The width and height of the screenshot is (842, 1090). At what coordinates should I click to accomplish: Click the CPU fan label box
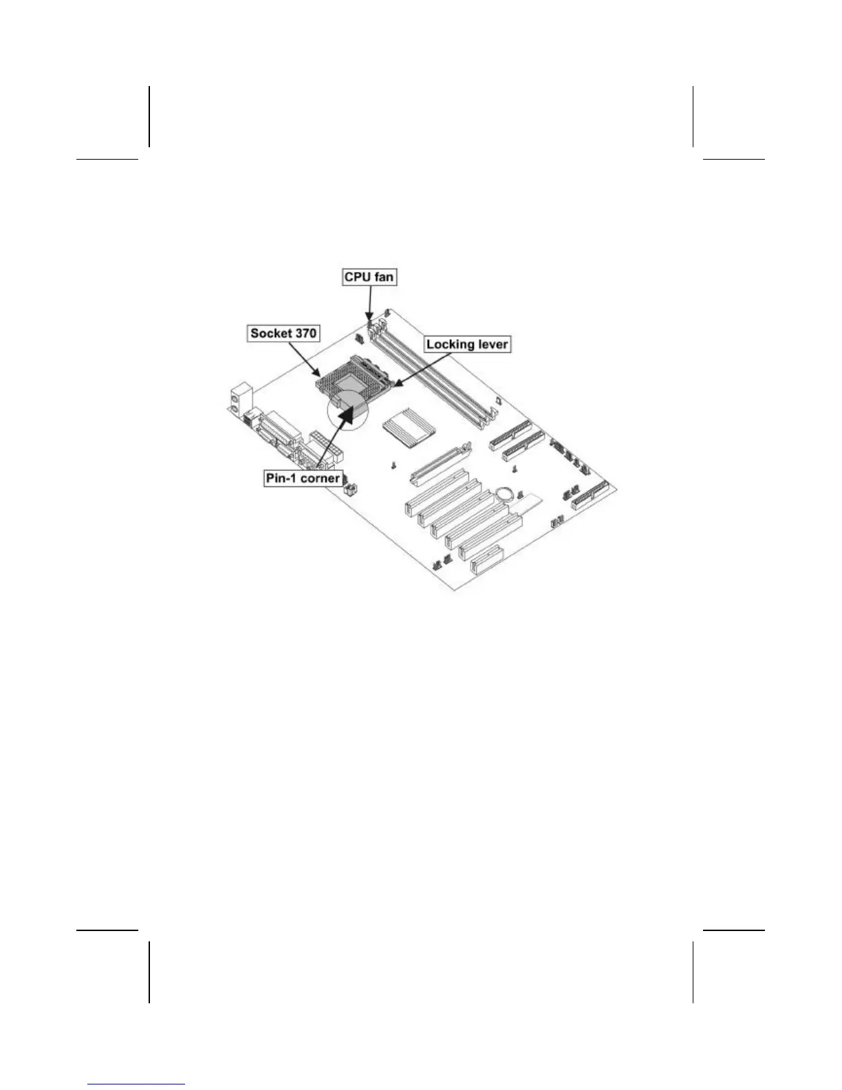[369, 277]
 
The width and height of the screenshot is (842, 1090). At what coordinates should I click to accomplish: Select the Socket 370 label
[283, 334]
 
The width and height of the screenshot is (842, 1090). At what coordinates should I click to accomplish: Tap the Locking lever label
[467, 344]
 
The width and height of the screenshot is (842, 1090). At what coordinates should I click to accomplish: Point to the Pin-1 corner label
[303, 478]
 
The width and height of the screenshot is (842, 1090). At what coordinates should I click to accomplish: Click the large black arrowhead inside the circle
[351, 410]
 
